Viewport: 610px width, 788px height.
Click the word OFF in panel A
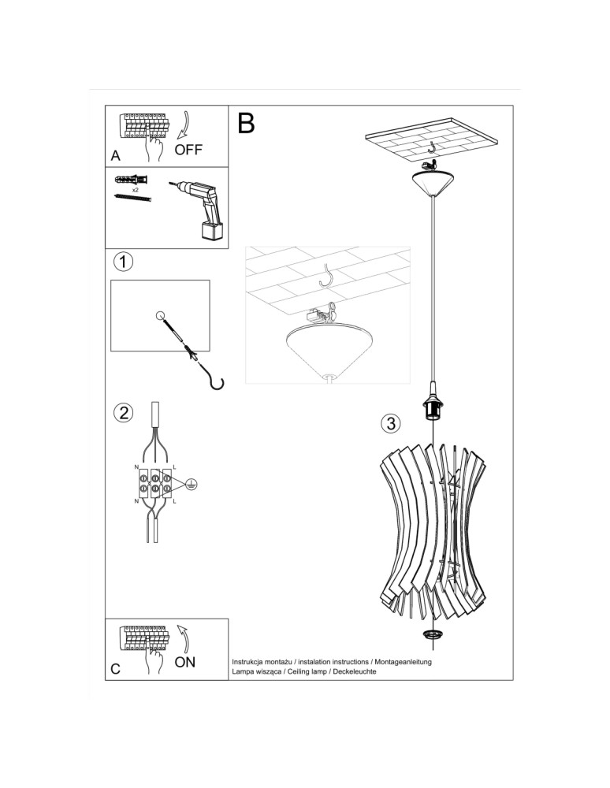[x=189, y=150]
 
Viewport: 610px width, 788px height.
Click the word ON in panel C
[x=185, y=662]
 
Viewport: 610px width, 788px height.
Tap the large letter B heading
[x=246, y=124]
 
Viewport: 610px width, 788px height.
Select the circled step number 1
[x=123, y=261]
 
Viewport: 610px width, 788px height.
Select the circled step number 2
[x=123, y=412]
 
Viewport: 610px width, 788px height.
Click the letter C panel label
[x=116, y=670]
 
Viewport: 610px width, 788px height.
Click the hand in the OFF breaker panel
[x=154, y=149]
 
